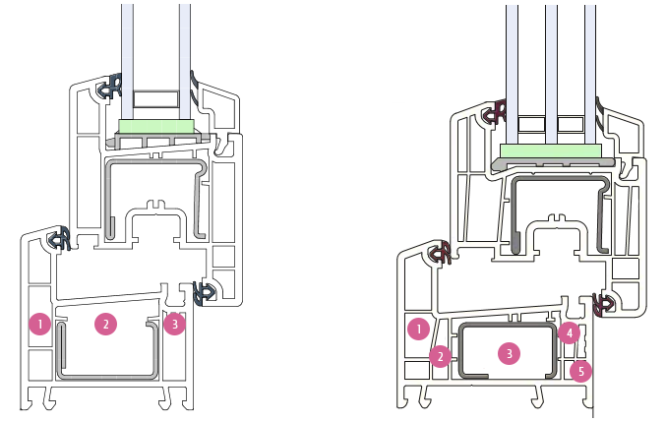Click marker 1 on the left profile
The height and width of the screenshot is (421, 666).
click(39, 323)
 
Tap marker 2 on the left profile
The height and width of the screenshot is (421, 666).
click(104, 323)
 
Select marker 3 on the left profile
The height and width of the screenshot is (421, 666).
click(174, 322)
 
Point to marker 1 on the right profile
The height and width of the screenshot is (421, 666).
click(418, 329)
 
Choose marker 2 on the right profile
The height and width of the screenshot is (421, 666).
click(441, 356)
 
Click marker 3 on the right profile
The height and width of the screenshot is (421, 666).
click(508, 353)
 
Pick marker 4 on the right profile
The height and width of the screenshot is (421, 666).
click(568, 333)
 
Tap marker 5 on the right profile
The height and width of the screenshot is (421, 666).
click(581, 371)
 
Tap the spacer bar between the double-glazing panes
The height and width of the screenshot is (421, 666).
click(156, 100)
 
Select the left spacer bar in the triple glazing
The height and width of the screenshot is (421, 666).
click(531, 125)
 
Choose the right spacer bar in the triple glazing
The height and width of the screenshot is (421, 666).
click(572, 125)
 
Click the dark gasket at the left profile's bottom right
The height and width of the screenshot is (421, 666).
click(206, 291)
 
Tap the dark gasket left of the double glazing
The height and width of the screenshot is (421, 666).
click(108, 90)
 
